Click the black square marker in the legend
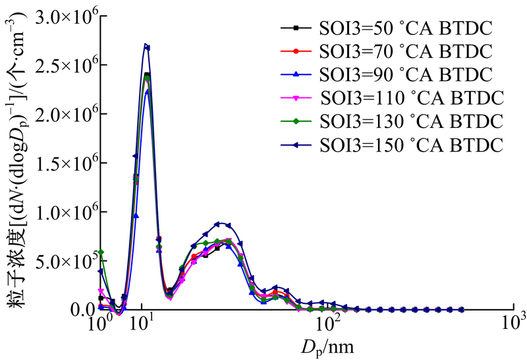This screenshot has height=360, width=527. click(296, 28)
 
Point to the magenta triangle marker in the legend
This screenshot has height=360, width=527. click(296, 98)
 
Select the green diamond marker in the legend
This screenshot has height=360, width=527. click(296, 120)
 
